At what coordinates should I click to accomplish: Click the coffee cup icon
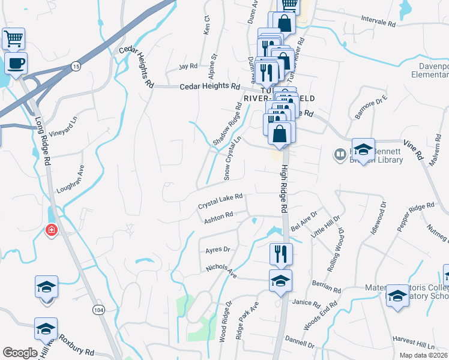coord(16,62)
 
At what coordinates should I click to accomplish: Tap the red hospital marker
coord(52,230)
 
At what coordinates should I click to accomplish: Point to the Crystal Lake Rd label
coord(220,201)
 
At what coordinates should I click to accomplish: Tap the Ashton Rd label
coord(218,218)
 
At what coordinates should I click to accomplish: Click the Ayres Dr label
coord(218,249)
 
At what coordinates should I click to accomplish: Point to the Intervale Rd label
coord(378,21)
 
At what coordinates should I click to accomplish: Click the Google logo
coord(20,353)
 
